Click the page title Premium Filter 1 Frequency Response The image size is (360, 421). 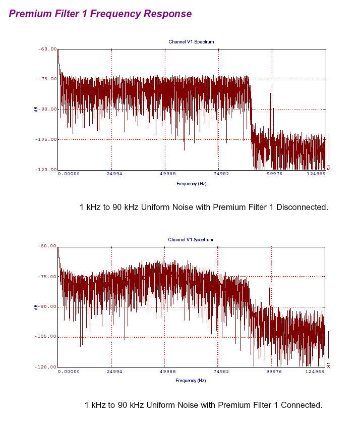pyautogui.click(x=100, y=14)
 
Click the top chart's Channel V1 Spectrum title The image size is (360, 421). pyautogui.click(x=191, y=42)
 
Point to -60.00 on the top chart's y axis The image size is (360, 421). pyautogui.click(x=47, y=49)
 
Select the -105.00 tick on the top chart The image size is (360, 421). pyautogui.click(x=46, y=139)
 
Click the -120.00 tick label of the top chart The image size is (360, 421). pyautogui.click(x=46, y=170)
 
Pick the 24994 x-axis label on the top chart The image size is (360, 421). pyautogui.click(x=114, y=174)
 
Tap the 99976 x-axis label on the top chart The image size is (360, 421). pyautogui.click(x=275, y=174)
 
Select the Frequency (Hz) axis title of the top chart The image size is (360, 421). pyautogui.click(x=191, y=184)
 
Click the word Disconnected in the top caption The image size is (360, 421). pyautogui.click(x=303, y=207)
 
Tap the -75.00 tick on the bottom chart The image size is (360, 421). pyautogui.click(x=47, y=277)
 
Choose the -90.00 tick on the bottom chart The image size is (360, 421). pyautogui.click(x=47, y=306)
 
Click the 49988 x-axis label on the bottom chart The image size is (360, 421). pyautogui.click(x=167, y=371)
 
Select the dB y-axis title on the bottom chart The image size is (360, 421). pyautogui.click(x=36, y=306)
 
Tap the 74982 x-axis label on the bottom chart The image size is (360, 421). pyautogui.click(x=221, y=371)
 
